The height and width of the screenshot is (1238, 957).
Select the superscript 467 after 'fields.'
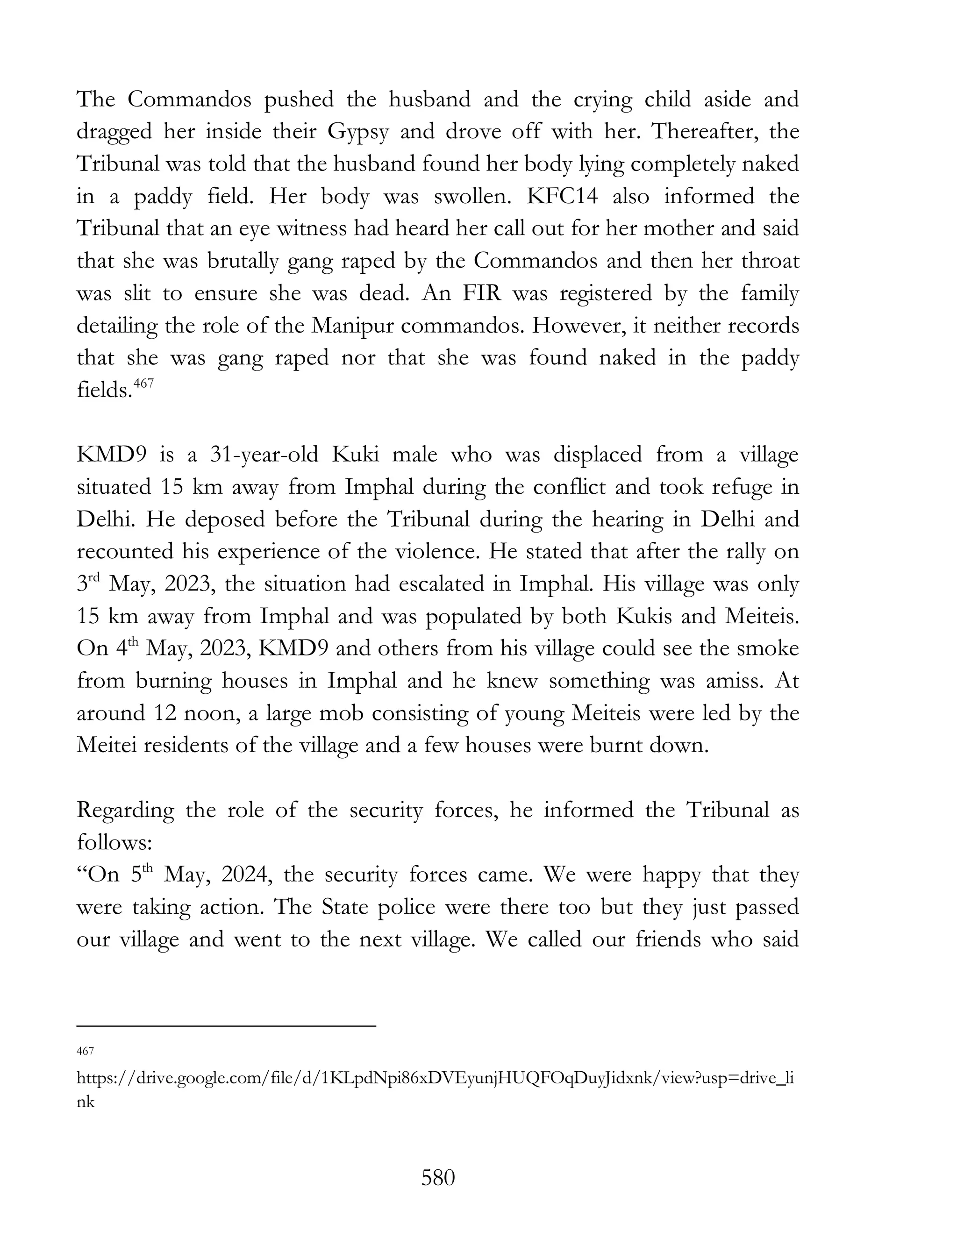coord(144,384)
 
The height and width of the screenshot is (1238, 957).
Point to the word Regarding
coord(125,811)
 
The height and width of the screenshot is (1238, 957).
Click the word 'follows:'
coord(114,843)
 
